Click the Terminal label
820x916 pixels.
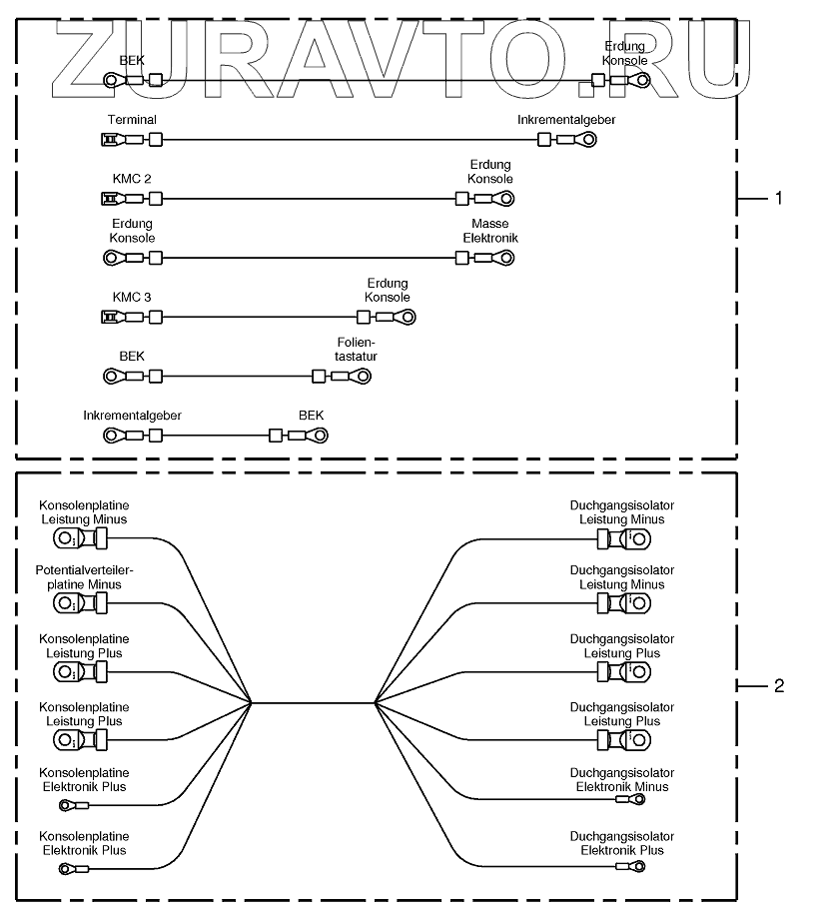131,120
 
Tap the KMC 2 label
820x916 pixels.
132,179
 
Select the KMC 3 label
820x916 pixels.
132,297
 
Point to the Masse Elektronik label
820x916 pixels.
489,232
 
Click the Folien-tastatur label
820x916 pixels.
357,349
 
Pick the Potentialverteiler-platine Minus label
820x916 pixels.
84,576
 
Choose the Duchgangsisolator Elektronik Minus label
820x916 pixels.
621,779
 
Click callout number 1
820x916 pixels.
778,198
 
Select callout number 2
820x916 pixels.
778,685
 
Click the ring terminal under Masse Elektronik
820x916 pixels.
502,258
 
